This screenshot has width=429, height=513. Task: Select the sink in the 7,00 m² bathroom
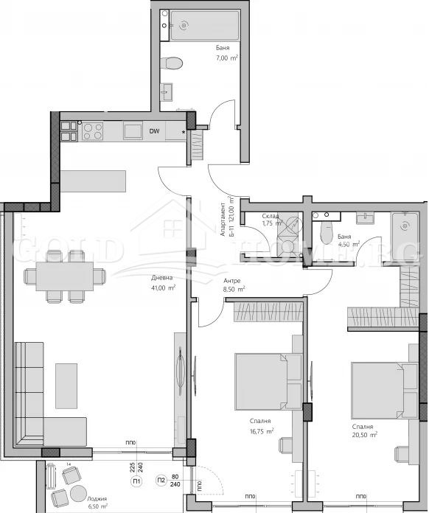point(168,91)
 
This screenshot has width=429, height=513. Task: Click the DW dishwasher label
point(155,132)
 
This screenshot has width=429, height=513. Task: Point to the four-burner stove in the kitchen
point(92,131)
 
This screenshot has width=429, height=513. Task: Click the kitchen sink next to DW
point(133,131)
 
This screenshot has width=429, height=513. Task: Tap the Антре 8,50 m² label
point(233,285)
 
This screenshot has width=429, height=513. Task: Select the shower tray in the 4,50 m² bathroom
point(404,231)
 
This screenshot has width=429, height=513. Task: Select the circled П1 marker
point(136,482)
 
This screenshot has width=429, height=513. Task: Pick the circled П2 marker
point(161,482)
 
